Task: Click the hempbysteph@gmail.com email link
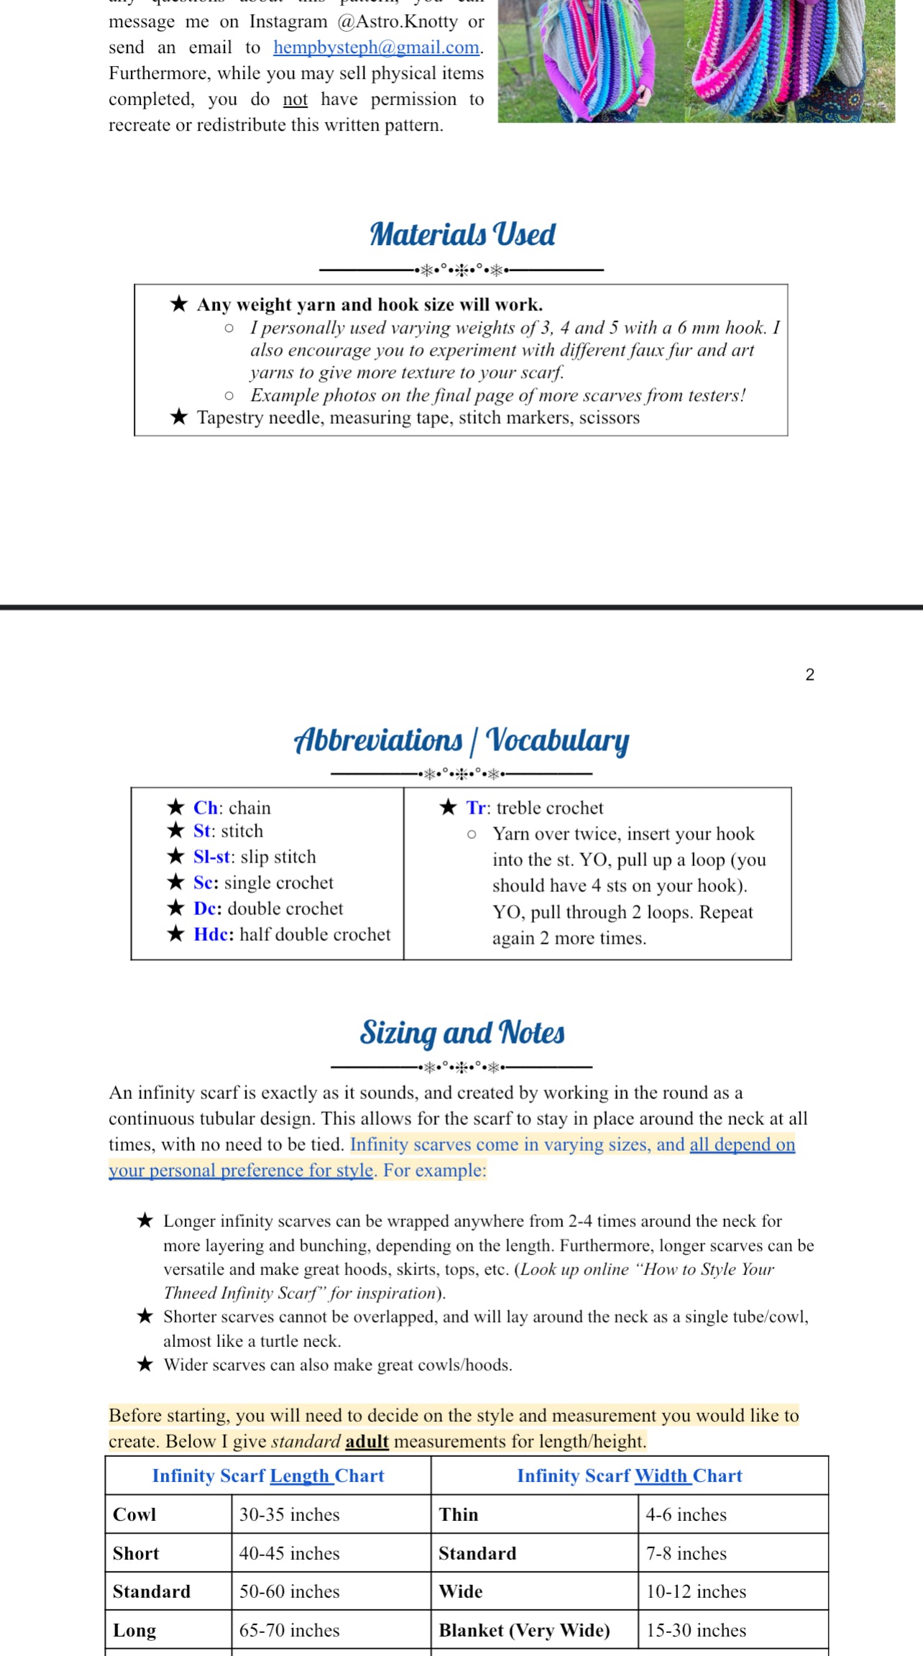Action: click(377, 47)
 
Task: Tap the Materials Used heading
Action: click(462, 235)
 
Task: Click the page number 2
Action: click(809, 675)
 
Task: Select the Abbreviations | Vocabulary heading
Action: click(461, 740)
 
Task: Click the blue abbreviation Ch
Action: click(205, 808)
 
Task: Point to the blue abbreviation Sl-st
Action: click(212, 857)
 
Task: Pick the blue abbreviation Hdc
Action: click(213, 934)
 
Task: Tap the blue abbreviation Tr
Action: click(476, 808)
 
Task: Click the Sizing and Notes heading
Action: click(461, 1033)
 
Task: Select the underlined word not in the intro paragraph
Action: click(295, 99)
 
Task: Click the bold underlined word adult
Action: click(367, 1441)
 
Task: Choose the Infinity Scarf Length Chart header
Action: click(268, 1476)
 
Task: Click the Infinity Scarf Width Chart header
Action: click(629, 1476)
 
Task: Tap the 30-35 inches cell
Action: click(289, 1514)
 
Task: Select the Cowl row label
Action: click(134, 1514)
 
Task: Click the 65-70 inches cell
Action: click(289, 1630)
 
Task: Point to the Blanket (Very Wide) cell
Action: click(524, 1630)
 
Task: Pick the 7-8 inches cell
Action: click(686, 1553)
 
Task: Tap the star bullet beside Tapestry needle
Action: click(179, 417)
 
